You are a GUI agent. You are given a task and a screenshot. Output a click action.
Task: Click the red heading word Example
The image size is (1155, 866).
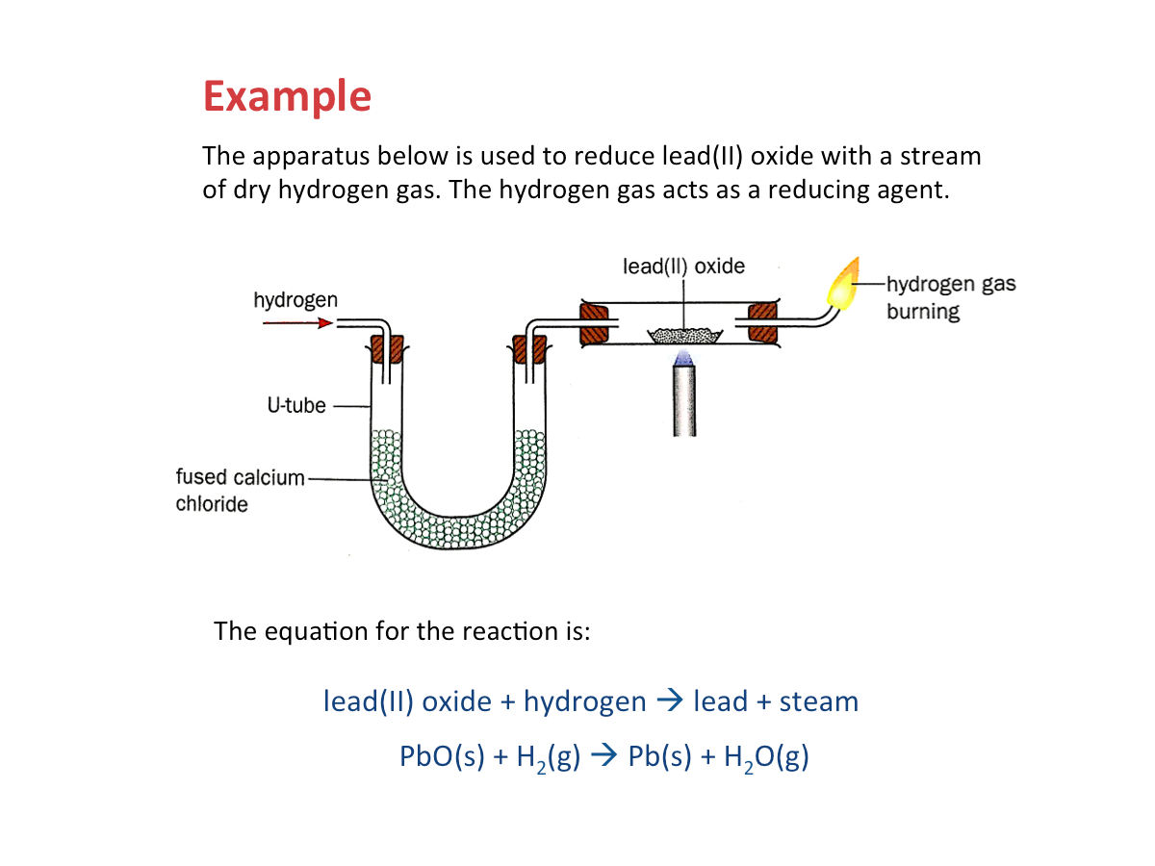click(287, 97)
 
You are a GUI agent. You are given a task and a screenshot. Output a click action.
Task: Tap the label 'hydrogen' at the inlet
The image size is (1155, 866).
click(295, 300)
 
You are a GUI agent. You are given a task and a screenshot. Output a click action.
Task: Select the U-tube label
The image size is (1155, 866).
click(296, 406)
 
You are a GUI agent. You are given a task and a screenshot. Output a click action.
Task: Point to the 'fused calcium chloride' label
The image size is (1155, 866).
click(240, 490)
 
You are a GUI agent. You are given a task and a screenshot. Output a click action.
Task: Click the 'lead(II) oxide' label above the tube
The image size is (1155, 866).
click(683, 266)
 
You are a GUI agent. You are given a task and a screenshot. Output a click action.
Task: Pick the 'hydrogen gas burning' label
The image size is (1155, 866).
click(950, 297)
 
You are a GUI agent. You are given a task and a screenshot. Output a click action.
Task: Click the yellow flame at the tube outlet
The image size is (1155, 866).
click(843, 285)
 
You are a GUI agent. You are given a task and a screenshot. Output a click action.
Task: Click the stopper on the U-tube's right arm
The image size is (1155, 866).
click(528, 347)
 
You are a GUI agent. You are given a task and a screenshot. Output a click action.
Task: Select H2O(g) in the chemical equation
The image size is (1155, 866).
click(766, 756)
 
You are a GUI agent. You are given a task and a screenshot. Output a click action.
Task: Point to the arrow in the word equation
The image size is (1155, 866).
click(669, 701)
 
